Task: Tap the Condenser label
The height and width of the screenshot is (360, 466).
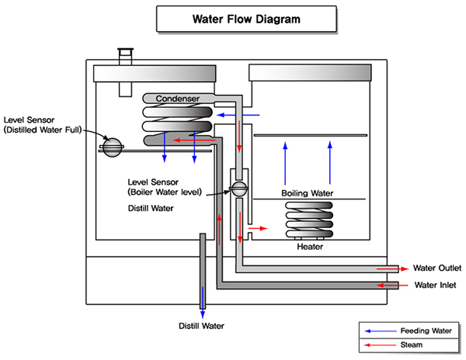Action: (177, 99)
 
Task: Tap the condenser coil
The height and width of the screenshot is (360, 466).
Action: (177, 125)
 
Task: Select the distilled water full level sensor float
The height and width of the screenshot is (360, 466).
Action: (113, 145)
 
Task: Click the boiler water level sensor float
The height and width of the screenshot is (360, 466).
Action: (239, 189)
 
